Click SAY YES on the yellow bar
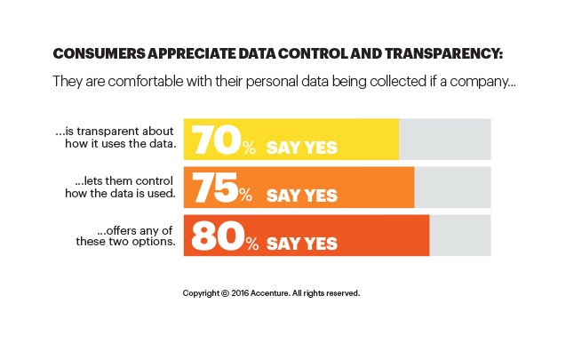pyautogui.click(x=302, y=148)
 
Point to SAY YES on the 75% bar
pyautogui.click(x=302, y=195)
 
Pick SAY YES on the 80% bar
pyautogui.click(x=302, y=244)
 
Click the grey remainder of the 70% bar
pyautogui.click(x=444, y=140)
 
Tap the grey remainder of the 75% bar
pyautogui.click(x=452, y=187)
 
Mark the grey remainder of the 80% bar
pyautogui.click(x=459, y=236)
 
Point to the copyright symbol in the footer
pyautogui.click(x=226, y=292)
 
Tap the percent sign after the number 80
pyautogui.click(x=252, y=244)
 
